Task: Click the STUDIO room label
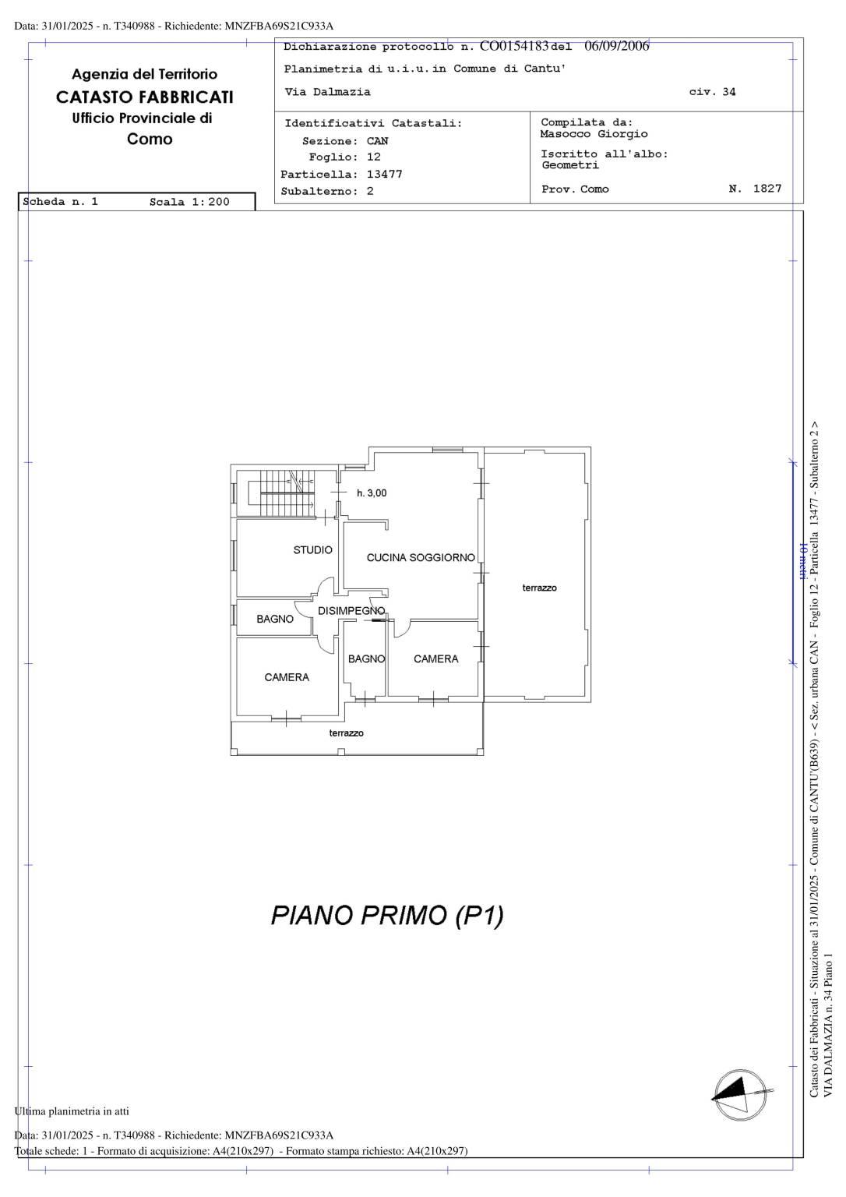tap(312, 550)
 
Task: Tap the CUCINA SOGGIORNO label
tap(421, 557)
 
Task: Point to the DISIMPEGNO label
tap(351, 610)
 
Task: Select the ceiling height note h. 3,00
tap(372, 493)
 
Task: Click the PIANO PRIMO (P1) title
tap(387, 915)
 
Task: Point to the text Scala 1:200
tap(189, 202)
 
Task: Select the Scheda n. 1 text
tap(60, 202)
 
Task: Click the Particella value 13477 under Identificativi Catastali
tap(385, 175)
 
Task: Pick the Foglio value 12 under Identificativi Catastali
tap(373, 157)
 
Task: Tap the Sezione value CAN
tap(377, 141)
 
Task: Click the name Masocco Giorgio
tap(594, 134)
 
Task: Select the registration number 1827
tap(767, 188)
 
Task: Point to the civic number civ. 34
tap(712, 92)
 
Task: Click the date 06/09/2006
tap(616, 46)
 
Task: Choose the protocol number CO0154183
tap(514, 46)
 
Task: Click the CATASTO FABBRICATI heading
tap(145, 97)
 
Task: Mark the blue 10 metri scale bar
tap(792, 563)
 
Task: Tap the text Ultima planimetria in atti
tap(72, 1111)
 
